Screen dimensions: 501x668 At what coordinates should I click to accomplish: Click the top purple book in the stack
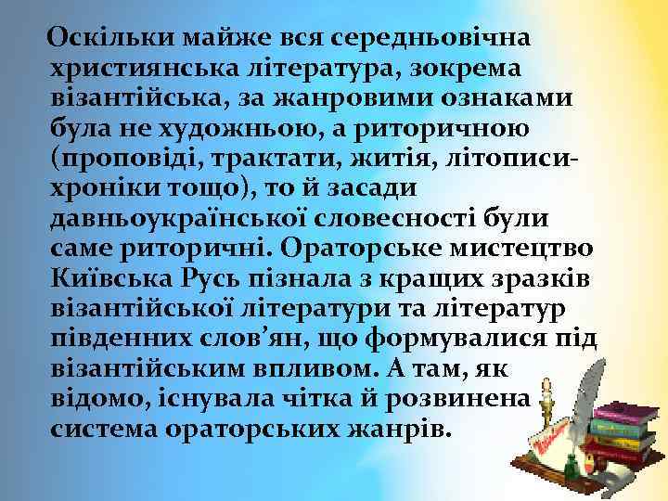pos(623,414)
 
